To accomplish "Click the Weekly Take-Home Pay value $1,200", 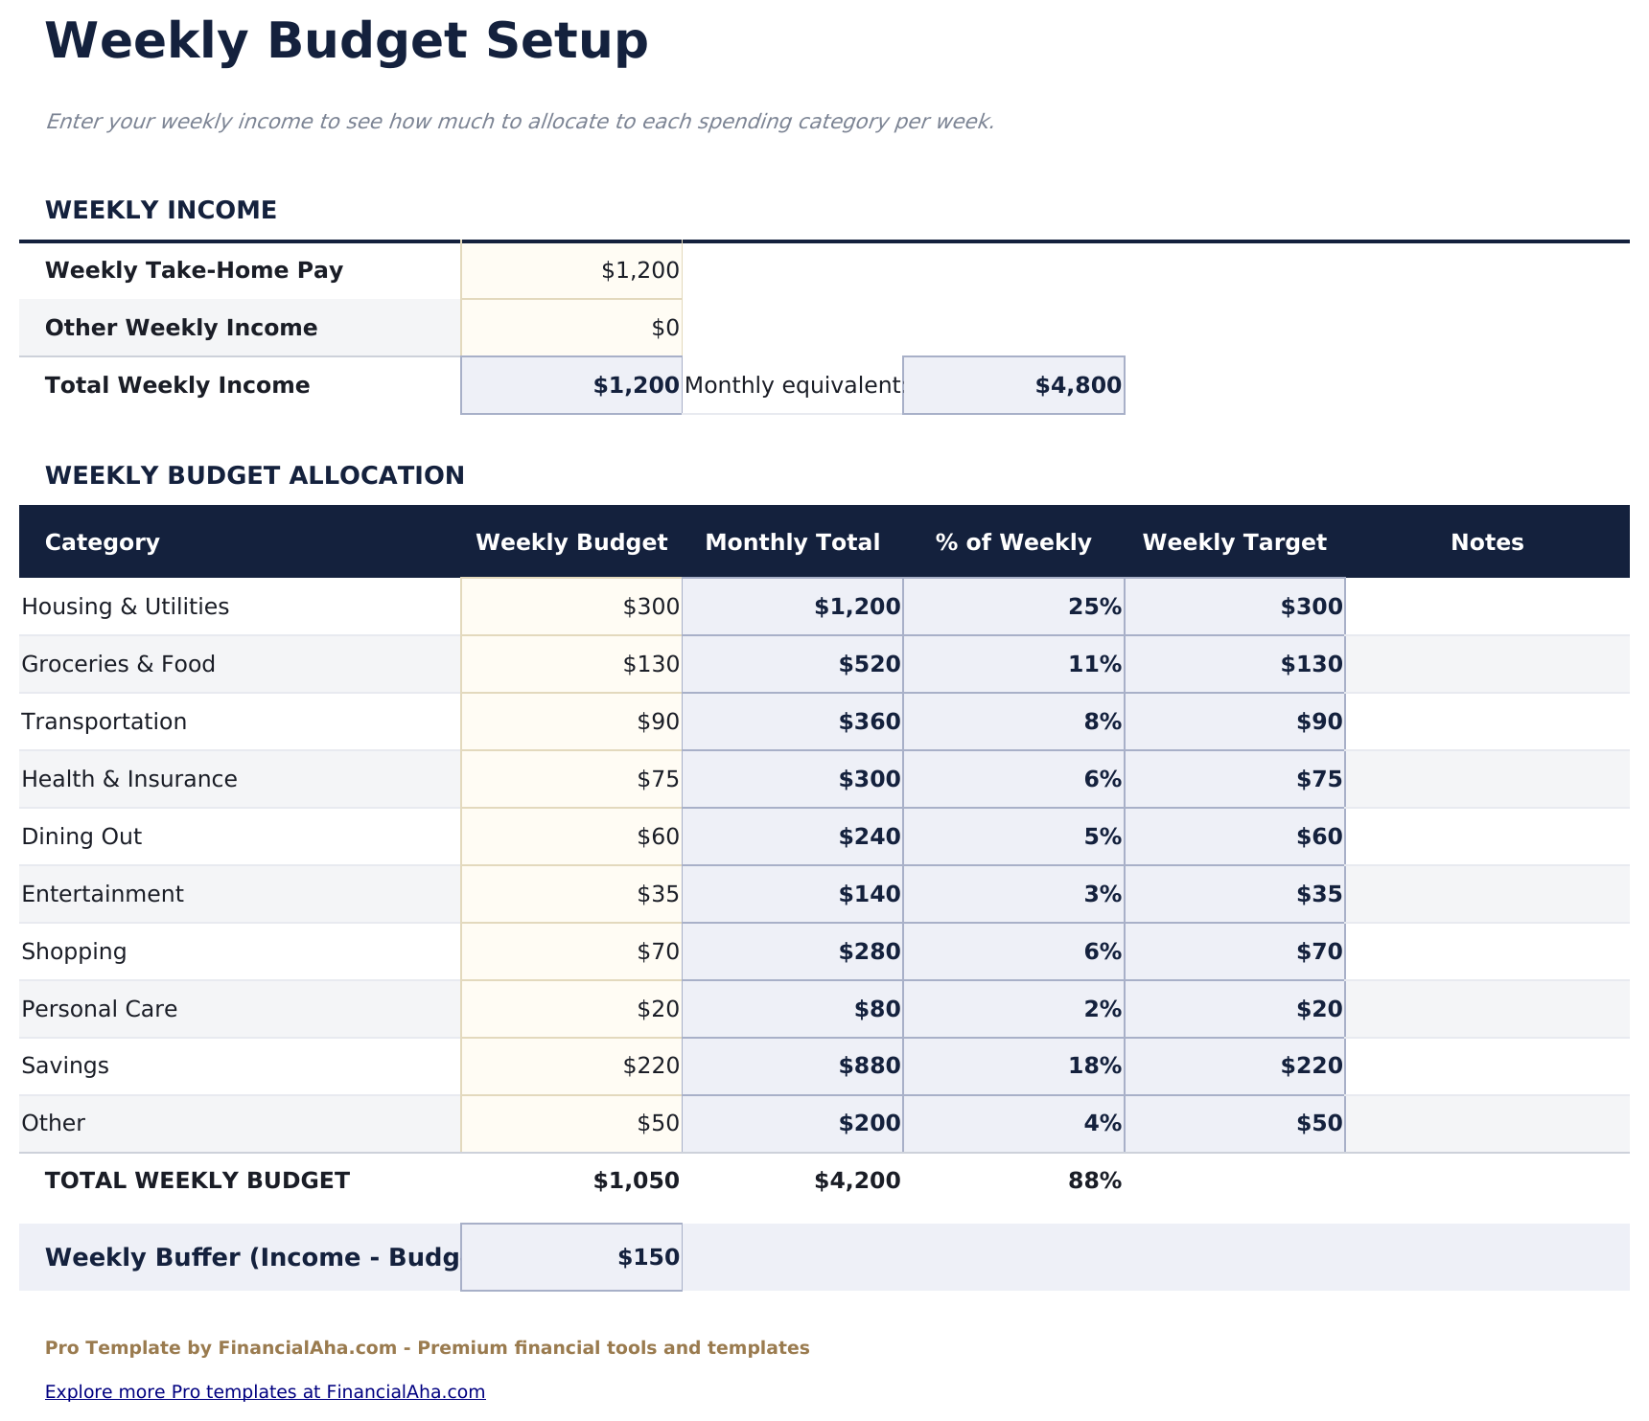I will pyautogui.click(x=639, y=271).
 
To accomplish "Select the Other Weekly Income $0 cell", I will pyautogui.click(x=665, y=329).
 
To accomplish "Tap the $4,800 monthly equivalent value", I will pyautogui.click(x=1077, y=386).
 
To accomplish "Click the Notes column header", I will pyautogui.click(x=1486, y=542).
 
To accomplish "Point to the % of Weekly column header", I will pyautogui.click(x=1012, y=542).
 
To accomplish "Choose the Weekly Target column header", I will pyautogui.click(x=1234, y=542).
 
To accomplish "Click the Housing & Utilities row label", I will pyautogui.click(x=126, y=607).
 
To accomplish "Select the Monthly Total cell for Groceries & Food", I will pyautogui.click(x=869, y=664).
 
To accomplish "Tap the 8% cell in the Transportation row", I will pyautogui.click(x=1102, y=722).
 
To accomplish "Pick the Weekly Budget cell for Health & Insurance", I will pyautogui.click(x=658, y=779).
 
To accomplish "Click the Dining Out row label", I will pyautogui.click(x=81, y=837).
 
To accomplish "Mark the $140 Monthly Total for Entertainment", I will pyautogui.click(x=869, y=894).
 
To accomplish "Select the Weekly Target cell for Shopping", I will pyautogui.click(x=1319, y=951).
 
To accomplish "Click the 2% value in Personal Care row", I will pyautogui.click(x=1102, y=1009).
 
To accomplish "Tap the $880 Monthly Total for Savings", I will pyautogui.click(x=869, y=1066).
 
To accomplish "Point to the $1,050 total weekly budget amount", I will pyautogui.click(x=636, y=1180).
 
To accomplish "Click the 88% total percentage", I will pyautogui.click(x=1094, y=1180).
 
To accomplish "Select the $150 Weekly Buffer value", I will pyautogui.click(x=648, y=1257).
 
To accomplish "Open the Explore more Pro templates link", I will pyautogui.click(x=265, y=1391).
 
